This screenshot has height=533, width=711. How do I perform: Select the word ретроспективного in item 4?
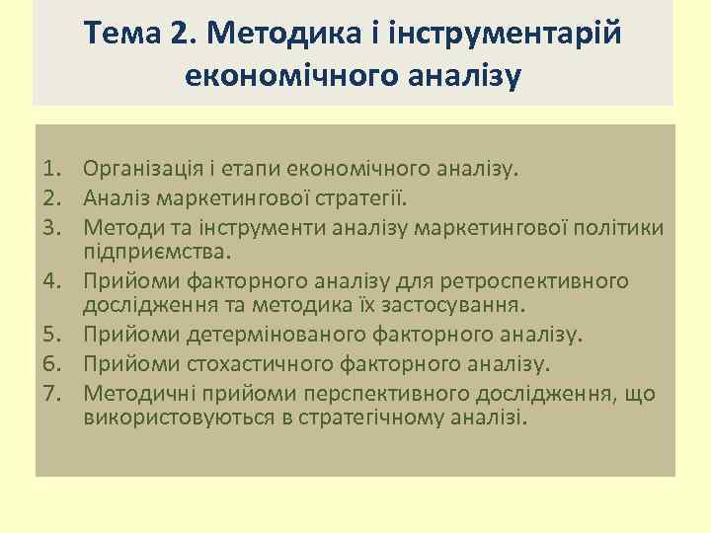tap(543, 281)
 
